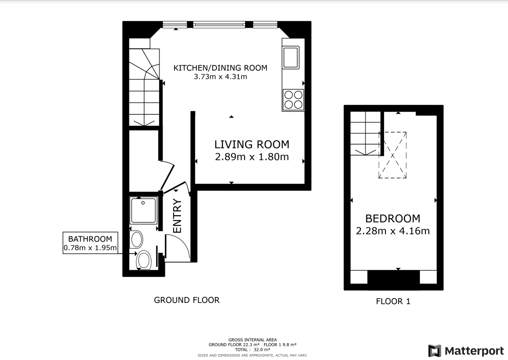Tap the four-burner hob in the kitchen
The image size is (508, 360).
tap(293, 100)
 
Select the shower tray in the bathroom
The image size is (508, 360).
tap(144, 210)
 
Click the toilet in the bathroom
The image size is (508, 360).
tap(144, 261)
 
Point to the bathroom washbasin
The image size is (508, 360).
tap(137, 239)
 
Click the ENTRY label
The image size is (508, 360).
tap(177, 216)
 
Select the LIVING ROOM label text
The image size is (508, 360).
tap(251, 145)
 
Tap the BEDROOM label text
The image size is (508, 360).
tap(393, 218)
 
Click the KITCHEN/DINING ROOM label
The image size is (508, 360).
tap(220, 68)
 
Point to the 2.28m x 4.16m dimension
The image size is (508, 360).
tap(393, 231)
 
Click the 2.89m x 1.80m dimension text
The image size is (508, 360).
tap(251, 157)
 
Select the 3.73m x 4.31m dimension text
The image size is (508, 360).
tap(221, 77)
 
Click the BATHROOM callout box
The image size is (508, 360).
tap(90, 243)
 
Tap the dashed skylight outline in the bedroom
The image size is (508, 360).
tap(393, 155)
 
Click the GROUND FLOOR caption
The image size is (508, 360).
tap(187, 300)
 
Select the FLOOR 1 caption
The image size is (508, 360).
tap(393, 301)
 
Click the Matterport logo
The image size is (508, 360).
tap(466, 351)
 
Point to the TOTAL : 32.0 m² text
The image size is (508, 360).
tap(253, 350)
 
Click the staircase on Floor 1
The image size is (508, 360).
tap(365, 134)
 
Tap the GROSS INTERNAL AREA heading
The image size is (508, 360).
tap(253, 340)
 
